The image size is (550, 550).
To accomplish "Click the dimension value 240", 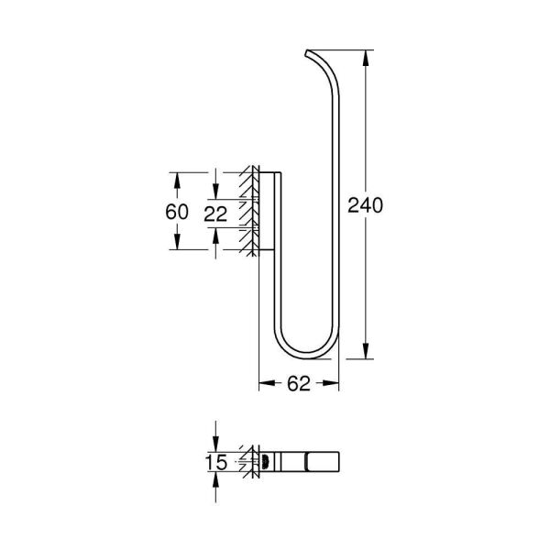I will [x=366, y=204].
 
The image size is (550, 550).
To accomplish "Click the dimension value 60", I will [x=178, y=212].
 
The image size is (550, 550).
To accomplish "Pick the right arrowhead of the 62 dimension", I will [x=342, y=386].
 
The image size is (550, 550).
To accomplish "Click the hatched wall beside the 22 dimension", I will [x=247, y=212].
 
